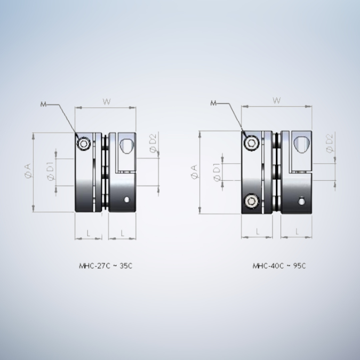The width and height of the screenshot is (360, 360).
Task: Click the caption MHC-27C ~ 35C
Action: coord(105,265)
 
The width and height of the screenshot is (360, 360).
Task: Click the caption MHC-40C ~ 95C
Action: coord(279,265)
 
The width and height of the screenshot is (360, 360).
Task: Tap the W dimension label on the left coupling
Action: coord(106,101)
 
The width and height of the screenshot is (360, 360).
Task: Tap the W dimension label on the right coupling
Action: coord(276,100)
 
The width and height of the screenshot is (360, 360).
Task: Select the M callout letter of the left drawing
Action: coord(43,104)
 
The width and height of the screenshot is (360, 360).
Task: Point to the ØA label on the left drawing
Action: coord(27,172)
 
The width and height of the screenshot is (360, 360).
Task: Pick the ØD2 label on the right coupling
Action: coord(330,143)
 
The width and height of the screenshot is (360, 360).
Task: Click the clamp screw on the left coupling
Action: coord(84,145)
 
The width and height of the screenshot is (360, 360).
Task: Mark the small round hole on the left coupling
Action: coord(127,201)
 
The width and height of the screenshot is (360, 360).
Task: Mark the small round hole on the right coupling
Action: coord(301,202)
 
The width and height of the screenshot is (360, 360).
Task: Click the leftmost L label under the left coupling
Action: coord(88,233)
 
